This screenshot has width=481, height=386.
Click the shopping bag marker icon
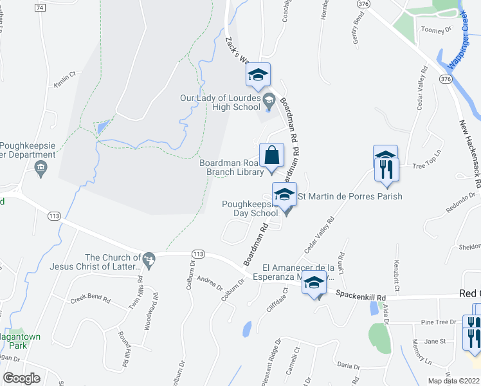[x=271, y=156]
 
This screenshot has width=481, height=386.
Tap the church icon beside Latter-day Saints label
[x=150, y=259]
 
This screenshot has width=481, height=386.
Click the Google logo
[x=21, y=378]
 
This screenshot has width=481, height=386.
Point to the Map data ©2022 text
[x=454, y=381]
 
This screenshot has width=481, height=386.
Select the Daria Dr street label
[x=348, y=365]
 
